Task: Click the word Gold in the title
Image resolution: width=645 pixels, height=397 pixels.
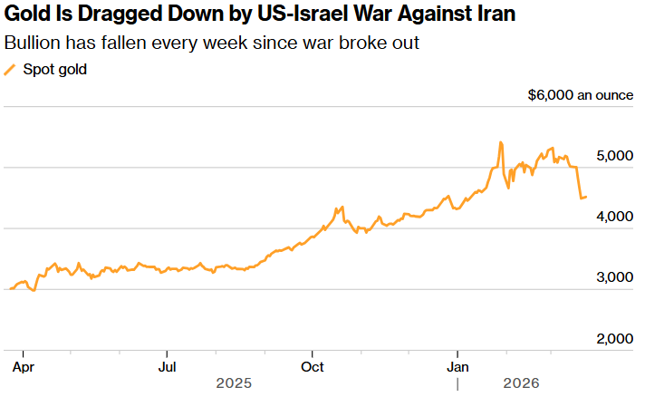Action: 26,16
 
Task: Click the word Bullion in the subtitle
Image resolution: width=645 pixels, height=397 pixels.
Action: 34,44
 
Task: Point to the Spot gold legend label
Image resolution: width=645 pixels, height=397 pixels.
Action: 55,70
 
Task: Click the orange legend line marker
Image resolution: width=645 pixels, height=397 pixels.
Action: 11,70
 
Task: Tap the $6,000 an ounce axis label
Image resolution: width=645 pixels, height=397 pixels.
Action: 580,95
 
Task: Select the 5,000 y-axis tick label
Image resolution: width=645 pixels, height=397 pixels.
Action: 614,156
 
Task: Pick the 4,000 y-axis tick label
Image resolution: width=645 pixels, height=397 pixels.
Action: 614,217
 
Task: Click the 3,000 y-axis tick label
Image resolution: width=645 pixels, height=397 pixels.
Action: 614,277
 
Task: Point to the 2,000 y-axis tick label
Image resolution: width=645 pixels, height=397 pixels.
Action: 614,339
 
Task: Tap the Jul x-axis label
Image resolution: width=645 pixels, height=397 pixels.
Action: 167,367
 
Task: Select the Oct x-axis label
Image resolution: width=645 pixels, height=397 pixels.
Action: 313,367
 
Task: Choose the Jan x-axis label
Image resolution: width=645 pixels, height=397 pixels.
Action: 458,367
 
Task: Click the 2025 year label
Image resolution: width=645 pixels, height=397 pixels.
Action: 234,384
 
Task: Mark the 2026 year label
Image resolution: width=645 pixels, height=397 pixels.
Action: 520,384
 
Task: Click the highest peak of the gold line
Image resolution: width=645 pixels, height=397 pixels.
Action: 500,142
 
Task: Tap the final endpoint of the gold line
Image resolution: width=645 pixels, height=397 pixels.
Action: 586,197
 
